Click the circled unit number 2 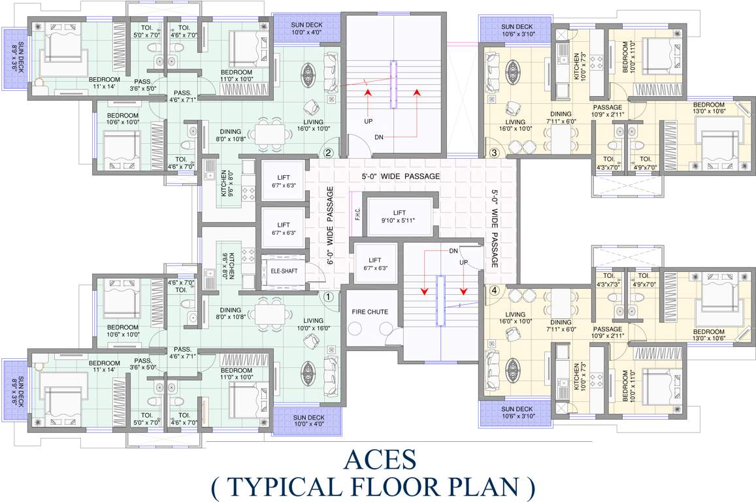[x=328, y=154]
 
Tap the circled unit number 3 [x=494, y=154]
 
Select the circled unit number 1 [x=328, y=295]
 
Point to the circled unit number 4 [x=494, y=291]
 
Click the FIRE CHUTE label [x=370, y=312]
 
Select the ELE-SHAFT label [x=284, y=268]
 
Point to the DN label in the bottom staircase [x=453, y=250]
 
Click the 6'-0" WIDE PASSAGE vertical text [x=330, y=226]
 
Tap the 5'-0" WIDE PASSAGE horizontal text [x=401, y=176]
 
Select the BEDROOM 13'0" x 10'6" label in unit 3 [x=708, y=108]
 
